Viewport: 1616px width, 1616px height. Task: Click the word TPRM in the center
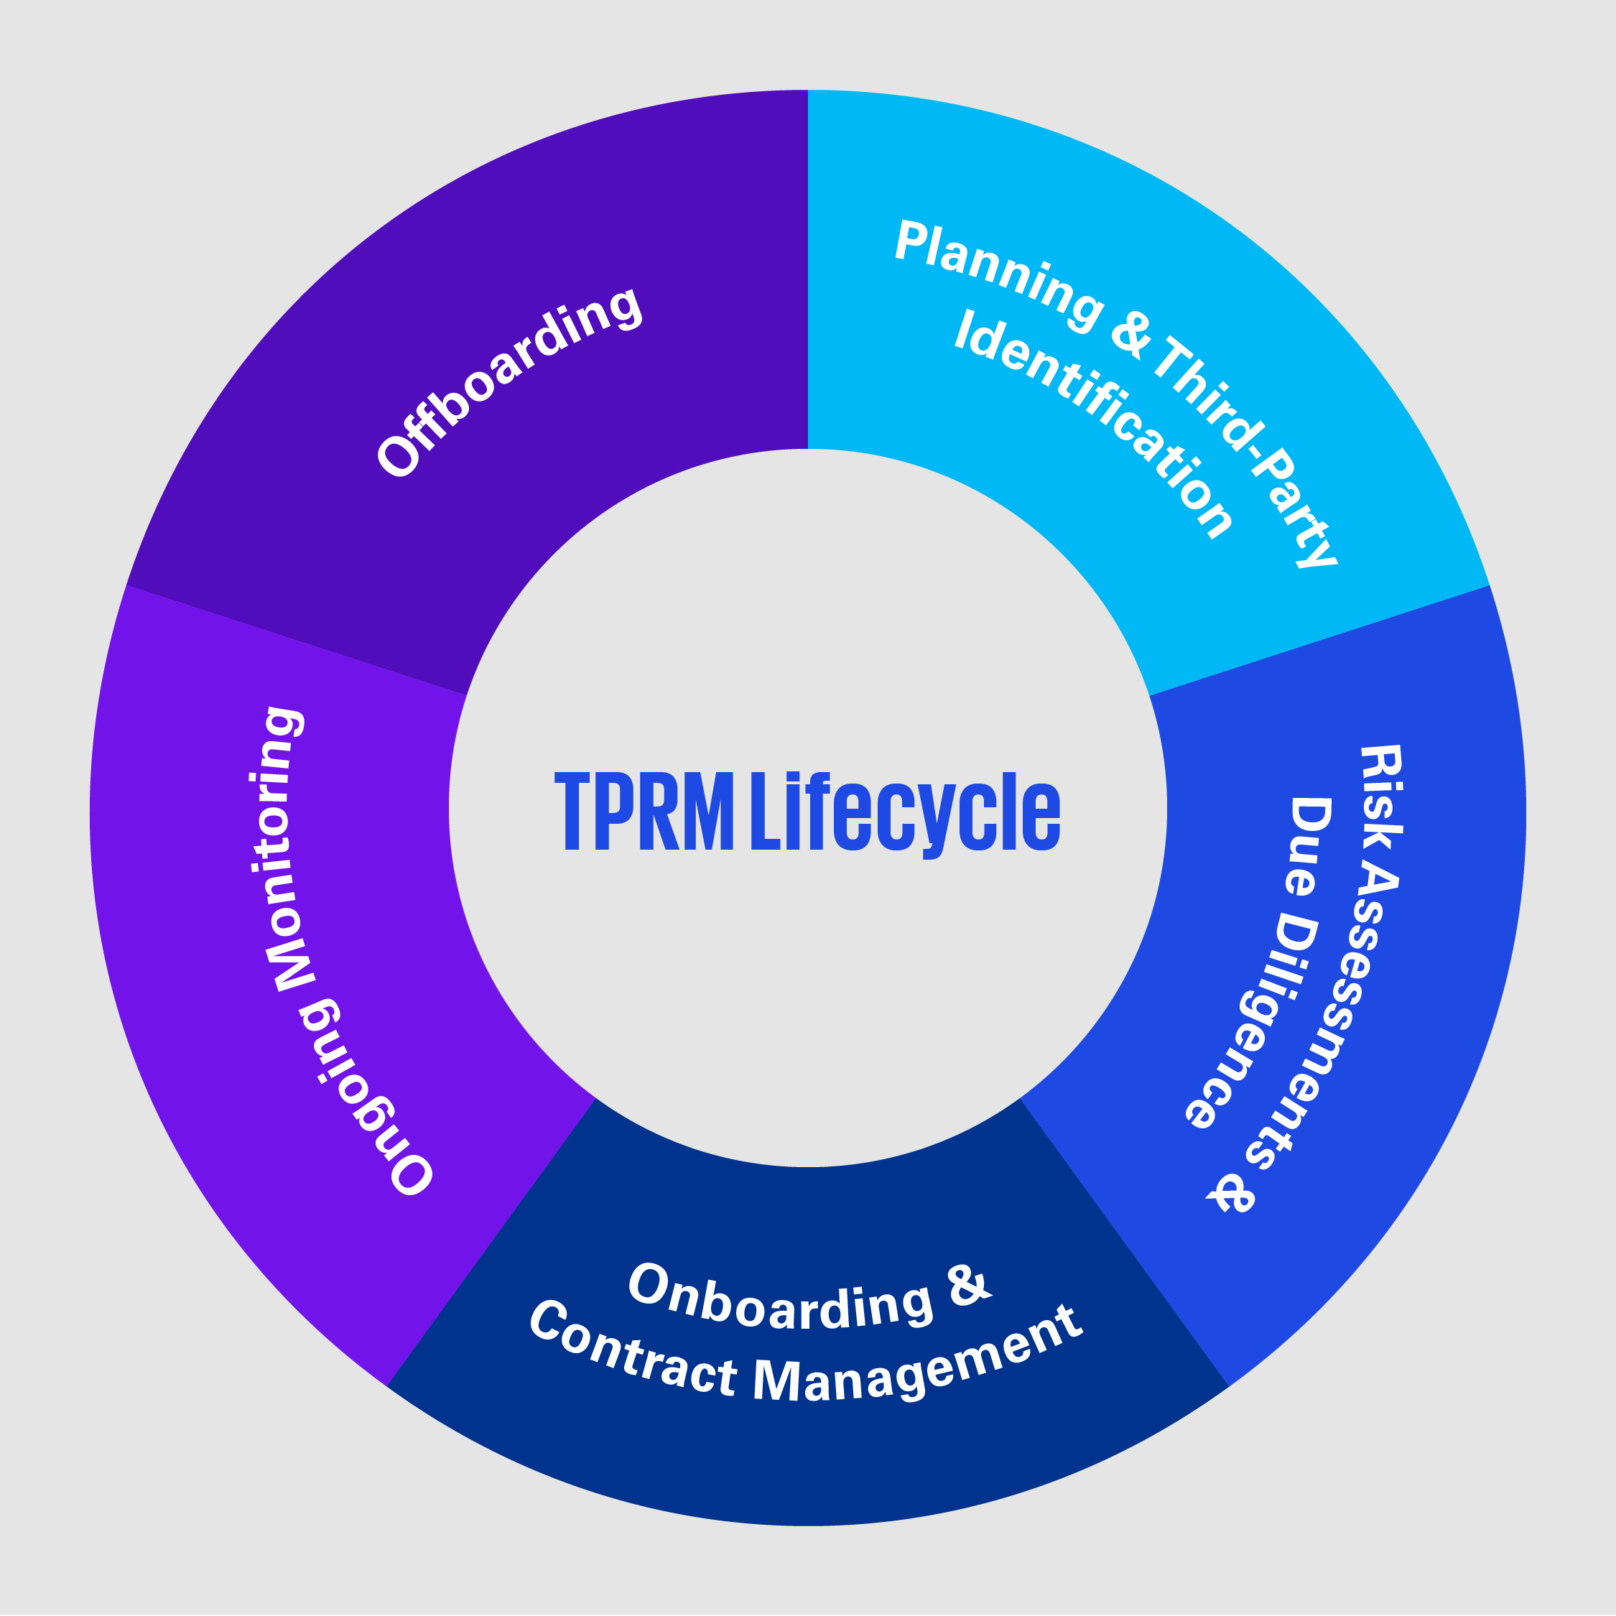(644, 812)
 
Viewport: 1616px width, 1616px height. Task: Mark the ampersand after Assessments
(1231, 1192)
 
